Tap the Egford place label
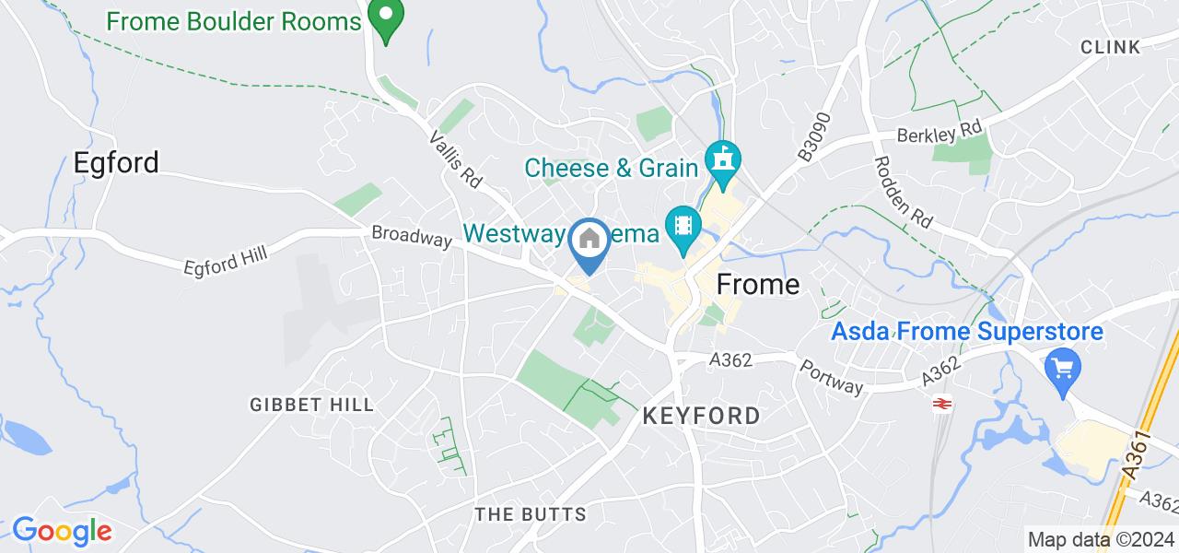pos(116,162)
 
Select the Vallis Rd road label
pos(456,158)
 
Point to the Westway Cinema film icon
pos(683,227)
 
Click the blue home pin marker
pos(589,241)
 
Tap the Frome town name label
pos(758,284)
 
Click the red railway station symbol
pos(942,402)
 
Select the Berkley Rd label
pos(942,131)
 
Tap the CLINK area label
pos(1110,47)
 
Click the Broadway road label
pos(412,236)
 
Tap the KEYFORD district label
pos(701,416)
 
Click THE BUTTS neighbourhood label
pos(530,513)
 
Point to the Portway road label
pos(830,376)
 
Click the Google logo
pos(62,531)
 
